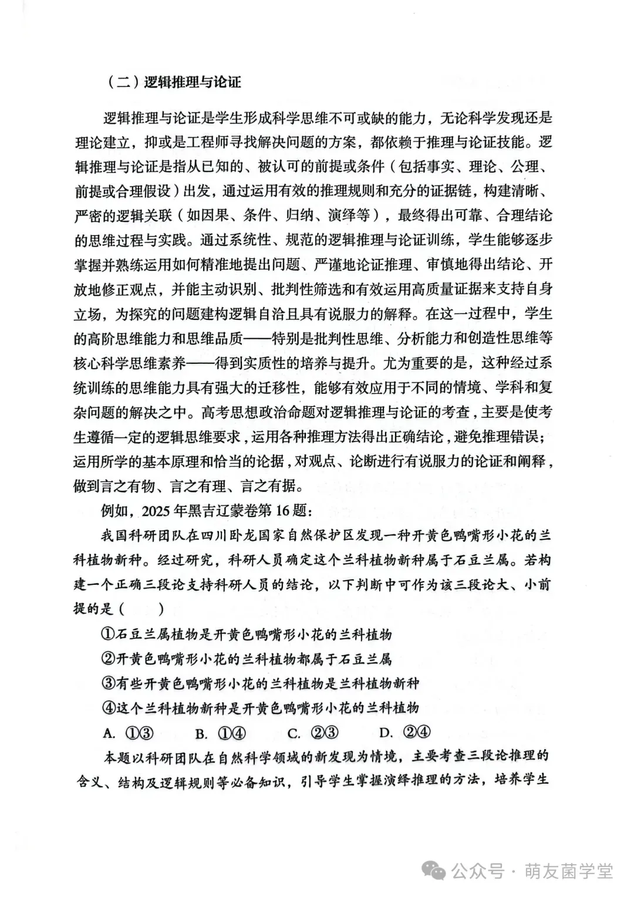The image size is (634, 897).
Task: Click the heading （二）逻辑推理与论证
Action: [x=175, y=81]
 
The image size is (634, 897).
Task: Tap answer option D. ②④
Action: [x=406, y=733]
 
